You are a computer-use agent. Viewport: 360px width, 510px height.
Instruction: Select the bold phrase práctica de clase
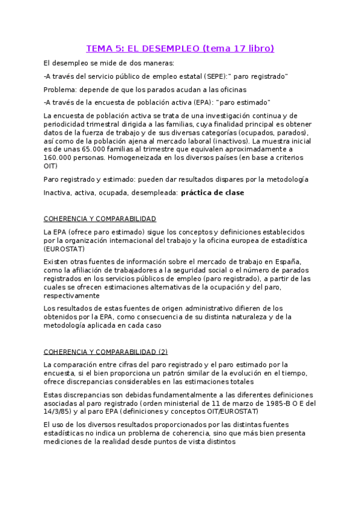(x=212, y=192)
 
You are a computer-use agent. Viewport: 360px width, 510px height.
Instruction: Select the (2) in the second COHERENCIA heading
(x=163, y=352)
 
